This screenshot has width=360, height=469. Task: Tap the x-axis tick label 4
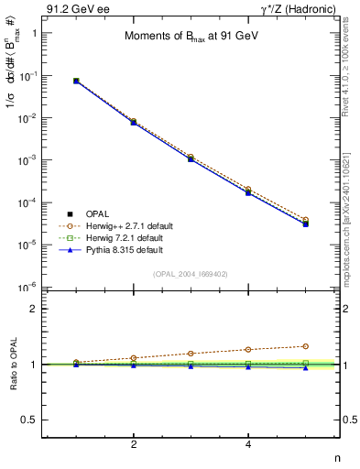coord(248,444)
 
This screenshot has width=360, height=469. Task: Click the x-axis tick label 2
coord(134,444)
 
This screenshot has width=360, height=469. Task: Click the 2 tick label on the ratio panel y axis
coord(35,309)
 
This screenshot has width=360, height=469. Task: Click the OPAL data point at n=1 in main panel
coord(76,81)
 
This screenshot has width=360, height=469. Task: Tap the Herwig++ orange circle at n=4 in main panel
coord(248,190)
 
